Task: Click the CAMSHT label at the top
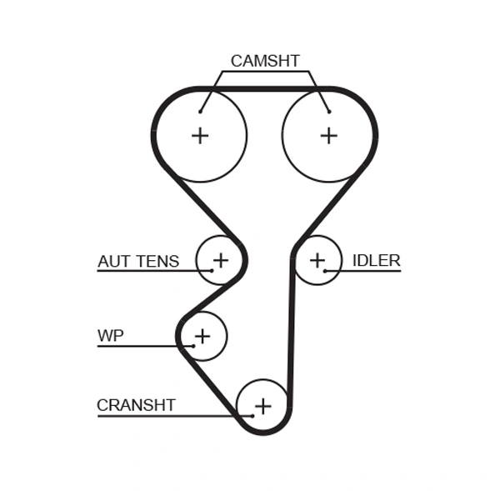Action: [265, 61]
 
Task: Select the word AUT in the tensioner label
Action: [114, 262]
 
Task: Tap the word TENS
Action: [157, 262]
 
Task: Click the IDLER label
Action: [376, 261]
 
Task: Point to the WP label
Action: [110, 336]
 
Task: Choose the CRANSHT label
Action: [136, 406]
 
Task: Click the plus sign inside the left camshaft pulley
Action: [200, 135]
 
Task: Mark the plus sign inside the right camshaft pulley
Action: [329, 135]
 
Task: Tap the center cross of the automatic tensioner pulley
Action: [220, 260]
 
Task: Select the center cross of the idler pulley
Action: [317, 260]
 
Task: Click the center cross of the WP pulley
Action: [202, 336]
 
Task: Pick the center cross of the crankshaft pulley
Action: [262, 406]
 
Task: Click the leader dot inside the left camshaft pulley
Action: [201, 111]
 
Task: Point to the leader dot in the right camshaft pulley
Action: [329, 111]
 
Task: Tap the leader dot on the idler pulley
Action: [325, 271]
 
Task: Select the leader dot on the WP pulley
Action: [192, 346]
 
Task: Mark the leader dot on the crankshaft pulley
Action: [251, 415]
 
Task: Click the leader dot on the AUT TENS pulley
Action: [211, 271]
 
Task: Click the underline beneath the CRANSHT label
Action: [167, 415]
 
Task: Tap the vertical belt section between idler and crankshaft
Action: [291, 333]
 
